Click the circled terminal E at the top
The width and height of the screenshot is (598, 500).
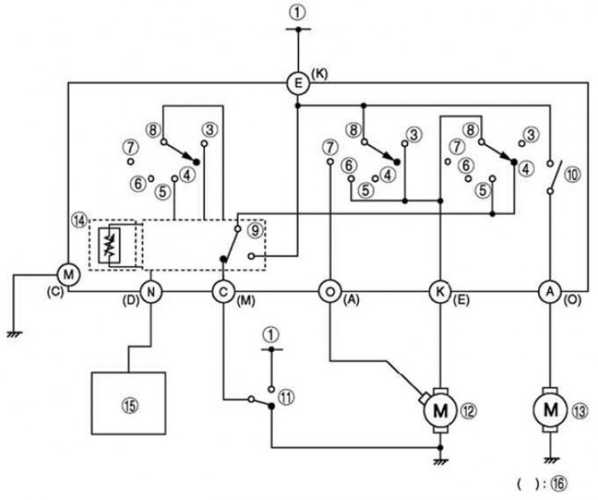pos(298,83)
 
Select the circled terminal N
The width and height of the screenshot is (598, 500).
pos(152,292)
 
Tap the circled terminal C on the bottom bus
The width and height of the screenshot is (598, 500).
pos(223,292)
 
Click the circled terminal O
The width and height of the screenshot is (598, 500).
pos(330,292)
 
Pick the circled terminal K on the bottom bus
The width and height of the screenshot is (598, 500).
pos(440,292)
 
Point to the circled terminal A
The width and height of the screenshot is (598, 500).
pos(550,291)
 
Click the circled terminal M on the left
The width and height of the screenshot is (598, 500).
pos(69,274)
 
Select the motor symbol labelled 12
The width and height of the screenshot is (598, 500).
pos(440,411)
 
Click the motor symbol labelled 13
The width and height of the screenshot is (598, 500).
pos(550,410)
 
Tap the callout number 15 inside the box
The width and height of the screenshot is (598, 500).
pos(129,406)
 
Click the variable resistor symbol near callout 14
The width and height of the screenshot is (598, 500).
pos(109,246)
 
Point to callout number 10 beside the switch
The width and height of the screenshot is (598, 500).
pos(572,175)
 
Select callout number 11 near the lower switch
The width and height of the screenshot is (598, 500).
pos(286,398)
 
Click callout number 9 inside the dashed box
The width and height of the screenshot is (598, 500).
pos(255,230)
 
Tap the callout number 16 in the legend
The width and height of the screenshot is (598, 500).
pos(559,484)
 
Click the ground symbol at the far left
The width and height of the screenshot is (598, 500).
pos(14,334)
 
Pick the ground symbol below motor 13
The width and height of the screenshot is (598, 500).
pos(550,460)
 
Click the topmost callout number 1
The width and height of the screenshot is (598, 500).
pos(298,13)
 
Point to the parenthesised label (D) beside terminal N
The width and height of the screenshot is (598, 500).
pos(130,301)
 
